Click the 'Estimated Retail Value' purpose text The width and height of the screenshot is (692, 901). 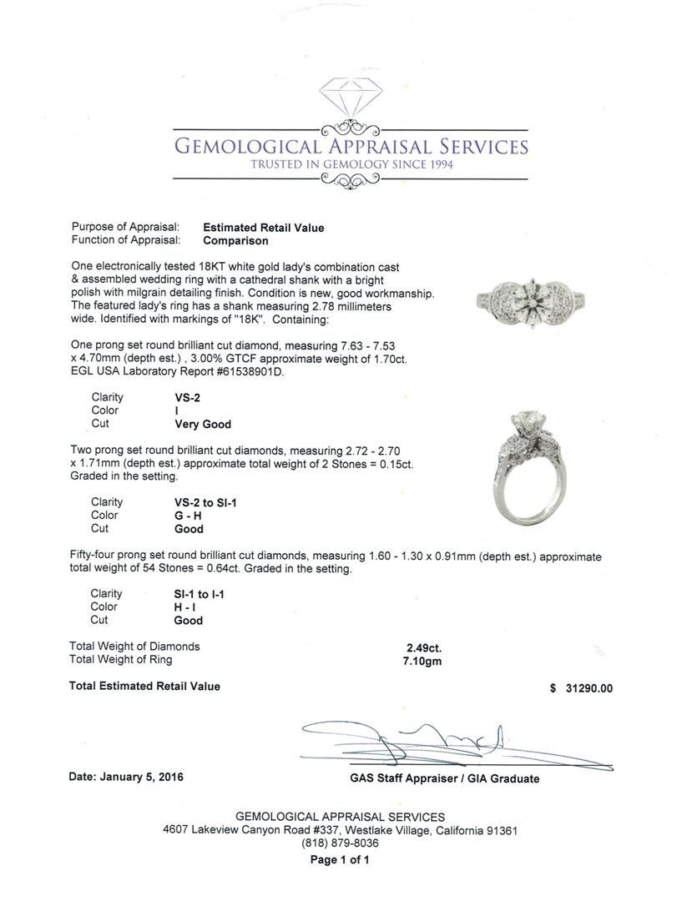(x=263, y=227)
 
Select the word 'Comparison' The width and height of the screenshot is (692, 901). (x=235, y=240)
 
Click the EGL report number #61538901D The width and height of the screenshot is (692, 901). (x=241, y=372)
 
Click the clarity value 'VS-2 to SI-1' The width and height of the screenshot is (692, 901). (x=205, y=502)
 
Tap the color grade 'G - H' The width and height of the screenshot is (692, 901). (x=188, y=516)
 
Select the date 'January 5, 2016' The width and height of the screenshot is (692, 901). (x=141, y=777)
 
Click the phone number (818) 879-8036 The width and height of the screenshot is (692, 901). (x=340, y=843)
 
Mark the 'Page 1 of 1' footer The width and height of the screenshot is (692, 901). (x=340, y=859)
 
